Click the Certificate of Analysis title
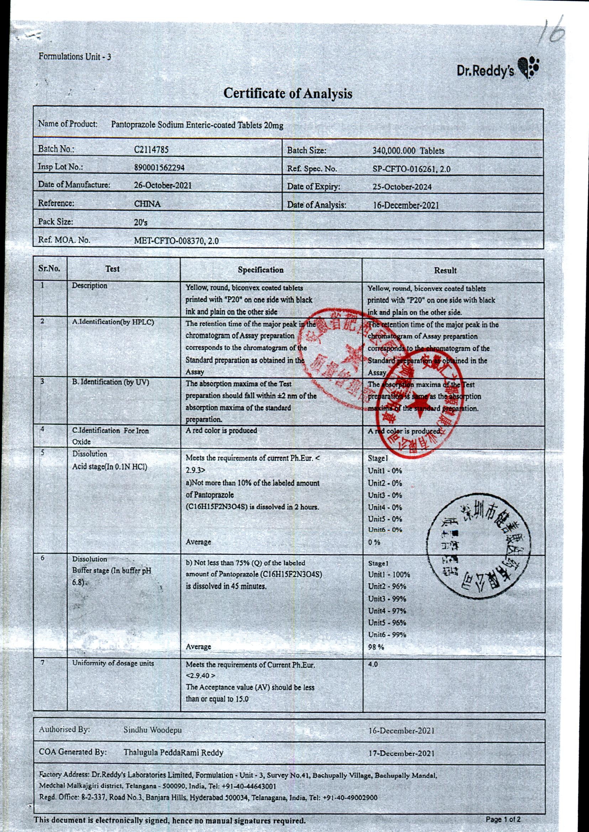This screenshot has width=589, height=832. [x=288, y=94]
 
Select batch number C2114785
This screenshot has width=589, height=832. [x=151, y=150]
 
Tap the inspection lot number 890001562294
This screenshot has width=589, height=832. [x=159, y=168]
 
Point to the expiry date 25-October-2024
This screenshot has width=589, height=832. [x=402, y=187]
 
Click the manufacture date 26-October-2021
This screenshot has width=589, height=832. [x=163, y=185]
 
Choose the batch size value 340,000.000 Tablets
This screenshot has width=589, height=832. [x=408, y=151]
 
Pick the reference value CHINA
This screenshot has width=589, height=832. [x=147, y=204]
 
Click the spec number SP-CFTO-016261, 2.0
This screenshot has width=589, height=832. [x=412, y=169]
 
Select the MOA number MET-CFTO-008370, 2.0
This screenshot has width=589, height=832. [x=176, y=241]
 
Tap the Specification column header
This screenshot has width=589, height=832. [x=261, y=270]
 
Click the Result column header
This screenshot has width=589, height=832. [x=445, y=270]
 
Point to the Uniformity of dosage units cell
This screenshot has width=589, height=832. [x=113, y=663]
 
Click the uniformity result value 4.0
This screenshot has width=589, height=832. [x=373, y=664]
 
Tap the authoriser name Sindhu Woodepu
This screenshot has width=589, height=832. [x=152, y=730]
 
